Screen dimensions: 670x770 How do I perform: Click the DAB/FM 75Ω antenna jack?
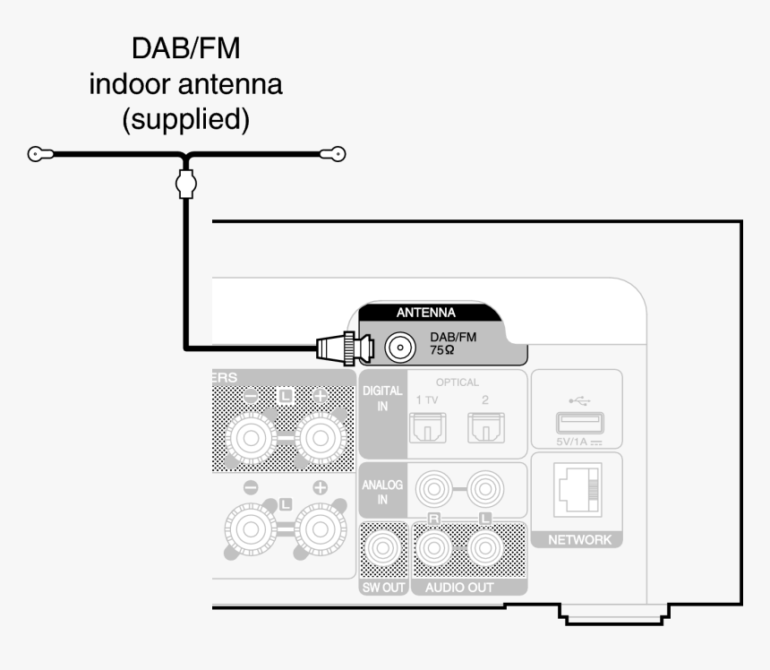399,346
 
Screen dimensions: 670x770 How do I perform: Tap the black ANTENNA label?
426,313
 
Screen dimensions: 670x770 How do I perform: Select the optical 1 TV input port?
426,430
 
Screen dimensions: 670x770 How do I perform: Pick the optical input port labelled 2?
484,430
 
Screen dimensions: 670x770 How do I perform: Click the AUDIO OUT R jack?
433,547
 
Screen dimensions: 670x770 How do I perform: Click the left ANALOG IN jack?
433,490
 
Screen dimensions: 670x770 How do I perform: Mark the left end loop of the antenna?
35,154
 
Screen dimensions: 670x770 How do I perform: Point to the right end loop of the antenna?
338,154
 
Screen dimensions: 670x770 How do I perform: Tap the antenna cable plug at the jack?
345,347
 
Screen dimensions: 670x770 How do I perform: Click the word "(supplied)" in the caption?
185,118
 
